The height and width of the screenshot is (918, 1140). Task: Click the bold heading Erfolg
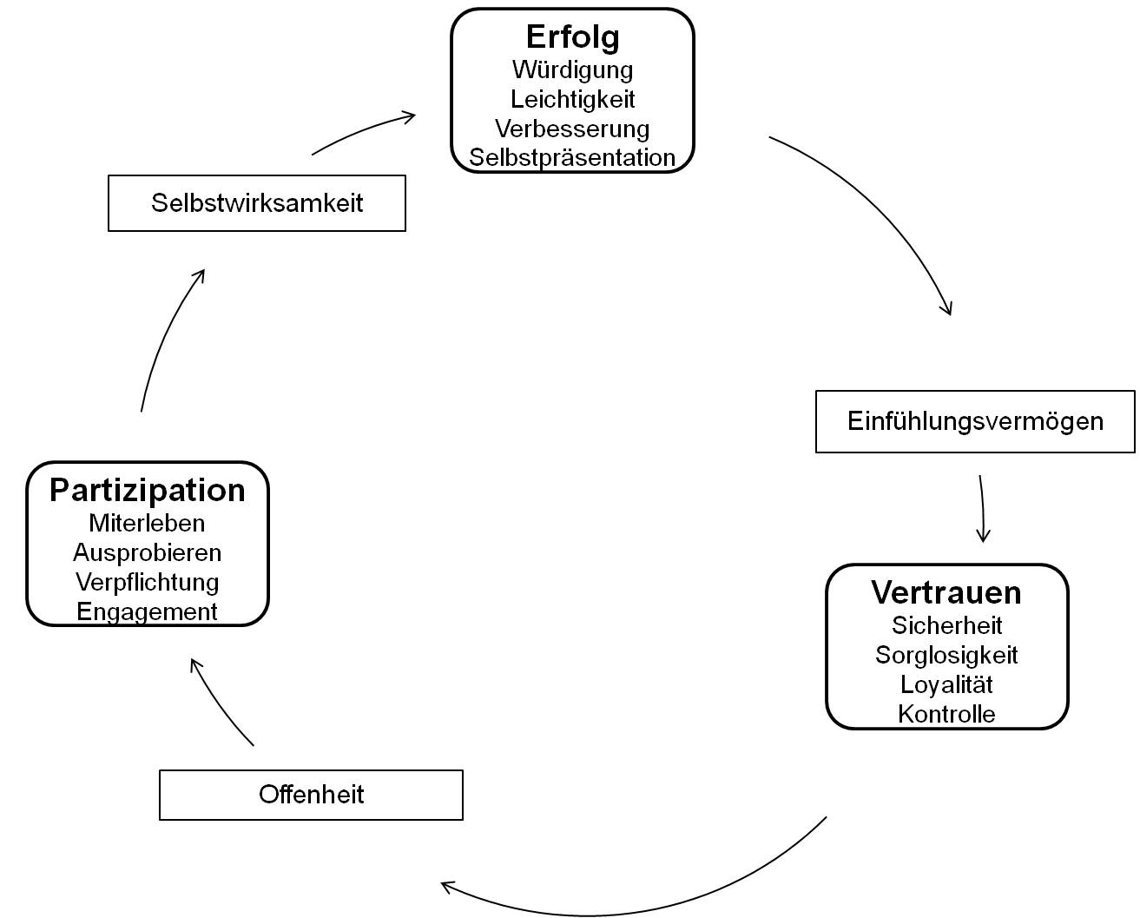[x=572, y=37]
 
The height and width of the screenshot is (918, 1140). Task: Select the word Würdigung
[x=572, y=69]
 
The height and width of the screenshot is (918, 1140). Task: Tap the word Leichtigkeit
[x=572, y=99]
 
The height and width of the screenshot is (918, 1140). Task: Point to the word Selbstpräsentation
[x=572, y=157]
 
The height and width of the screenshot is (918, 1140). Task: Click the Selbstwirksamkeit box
[x=257, y=203]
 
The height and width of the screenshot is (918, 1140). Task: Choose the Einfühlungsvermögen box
[x=975, y=421]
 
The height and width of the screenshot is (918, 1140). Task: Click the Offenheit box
[x=311, y=795]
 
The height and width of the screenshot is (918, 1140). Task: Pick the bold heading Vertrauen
[x=946, y=592]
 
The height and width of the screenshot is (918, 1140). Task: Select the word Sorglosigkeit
[x=946, y=655]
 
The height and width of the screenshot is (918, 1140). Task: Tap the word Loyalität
[x=946, y=684]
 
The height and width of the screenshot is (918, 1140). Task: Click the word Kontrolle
[x=946, y=714]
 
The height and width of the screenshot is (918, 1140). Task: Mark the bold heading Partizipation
[x=148, y=490]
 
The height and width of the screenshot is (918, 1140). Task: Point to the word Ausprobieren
[x=148, y=552]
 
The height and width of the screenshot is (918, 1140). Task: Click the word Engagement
[x=148, y=611]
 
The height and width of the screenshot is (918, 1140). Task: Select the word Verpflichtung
[x=148, y=582]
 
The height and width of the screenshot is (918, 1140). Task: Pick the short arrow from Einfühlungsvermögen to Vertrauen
[x=982, y=509]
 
